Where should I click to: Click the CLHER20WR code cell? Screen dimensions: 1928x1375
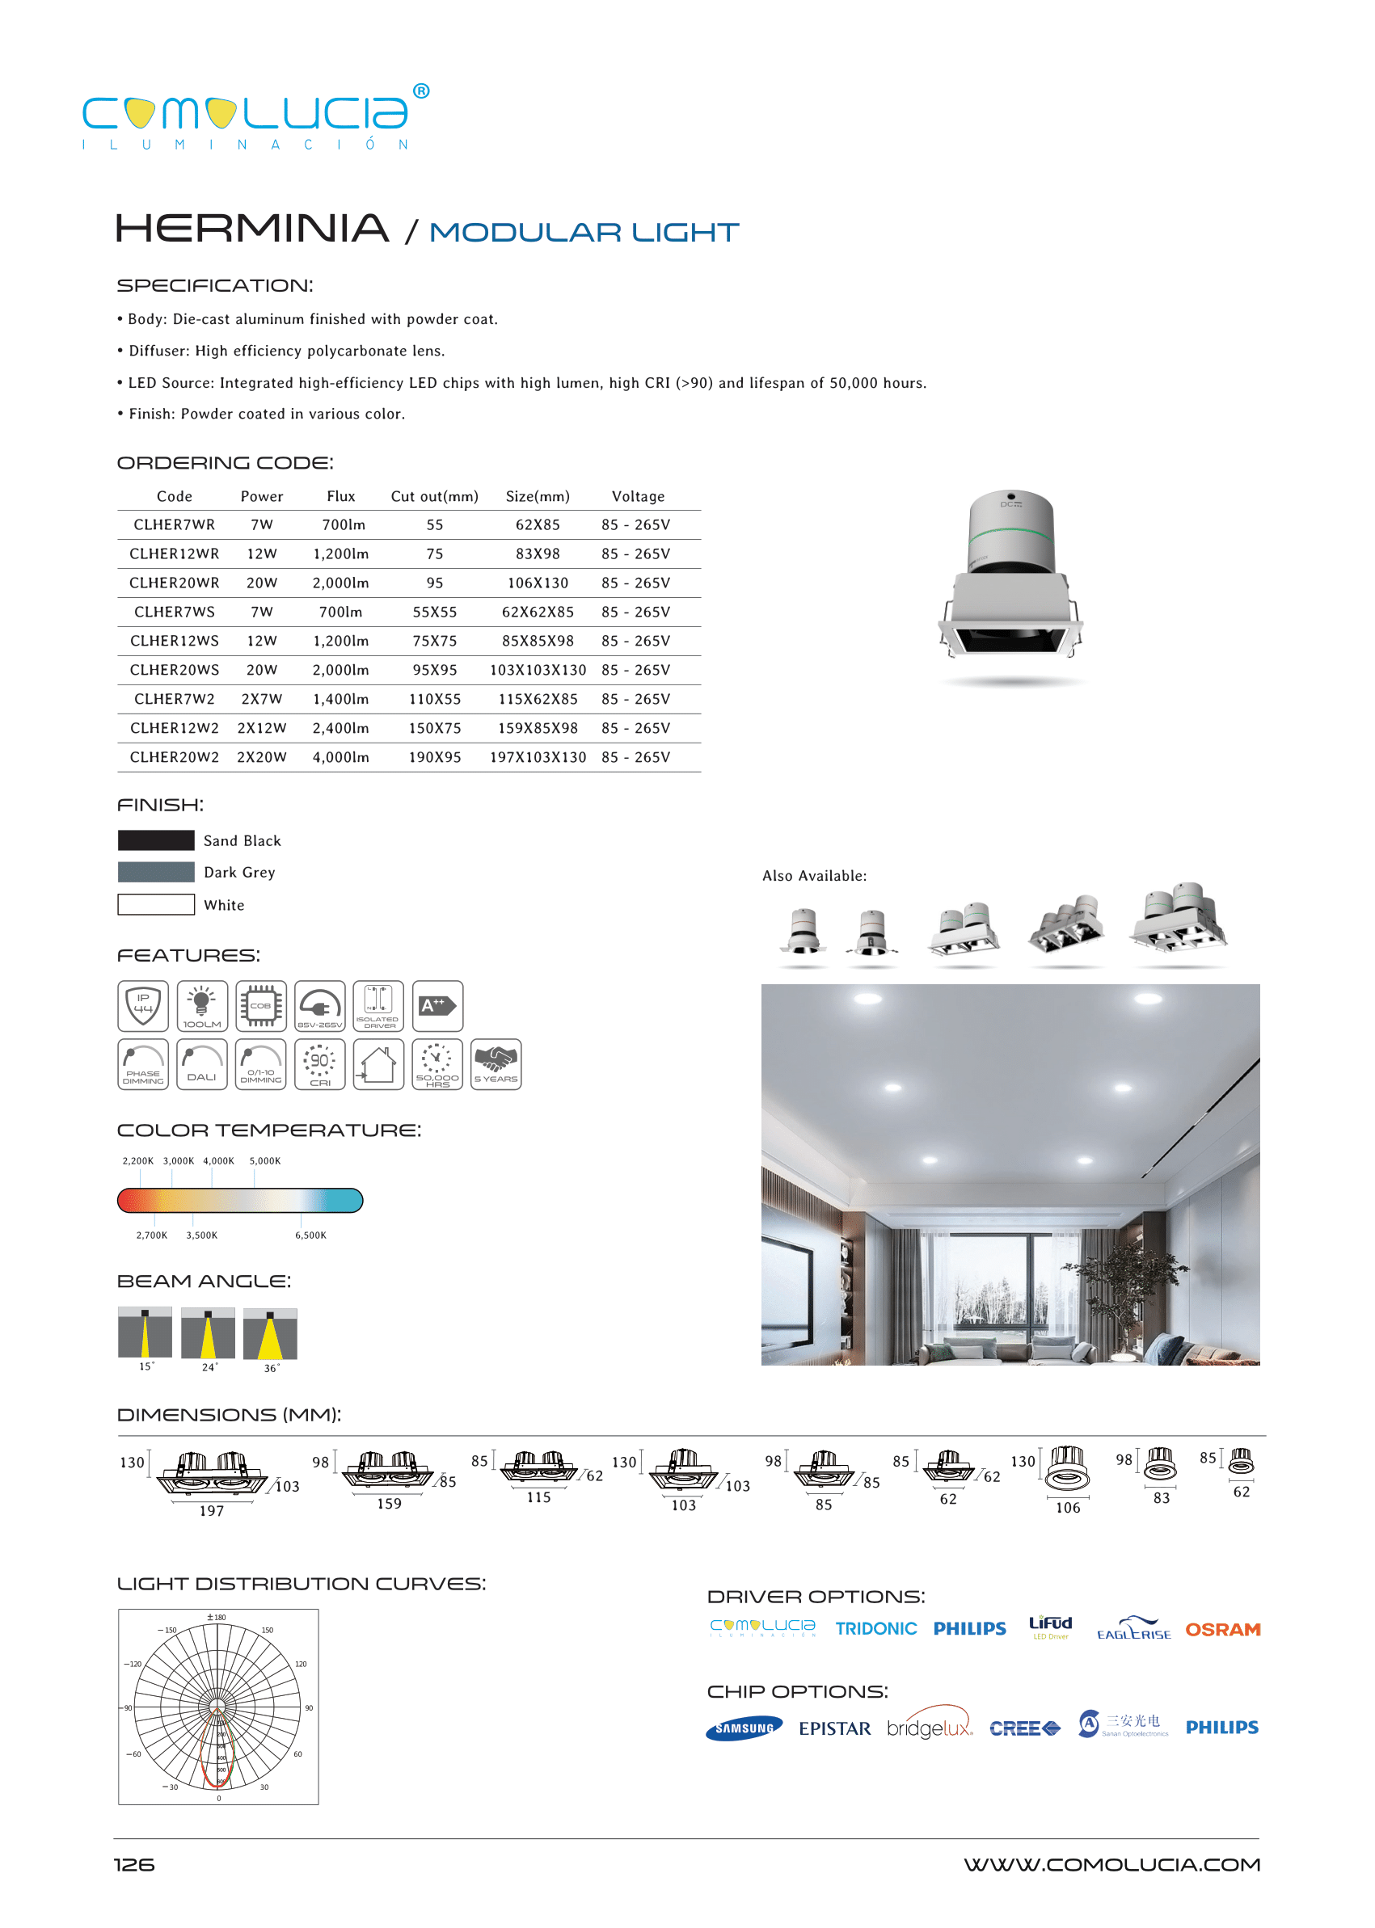tap(174, 583)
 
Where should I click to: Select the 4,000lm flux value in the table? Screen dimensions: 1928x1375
tap(340, 757)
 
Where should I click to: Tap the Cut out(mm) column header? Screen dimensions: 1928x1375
tap(434, 497)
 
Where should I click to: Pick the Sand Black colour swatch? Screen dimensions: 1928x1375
tap(156, 840)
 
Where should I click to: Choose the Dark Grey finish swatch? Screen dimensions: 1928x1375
tap(156, 873)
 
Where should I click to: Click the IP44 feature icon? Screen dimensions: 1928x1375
tap(143, 1006)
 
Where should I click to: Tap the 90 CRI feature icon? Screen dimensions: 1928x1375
tap(320, 1065)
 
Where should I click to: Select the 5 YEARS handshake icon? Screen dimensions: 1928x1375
tap(496, 1065)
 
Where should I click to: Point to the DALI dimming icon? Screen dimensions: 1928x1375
tap(201, 1065)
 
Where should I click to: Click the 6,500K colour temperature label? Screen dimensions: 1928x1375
tap(310, 1236)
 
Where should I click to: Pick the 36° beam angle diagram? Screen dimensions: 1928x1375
tap(270, 1335)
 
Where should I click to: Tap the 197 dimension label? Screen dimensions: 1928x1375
tap(212, 1512)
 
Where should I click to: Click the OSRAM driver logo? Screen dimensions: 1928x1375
tap(1222, 1630)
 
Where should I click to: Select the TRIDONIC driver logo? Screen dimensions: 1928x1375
tap(875, 1629)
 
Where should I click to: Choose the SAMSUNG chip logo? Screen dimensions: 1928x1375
tap(744, 1728)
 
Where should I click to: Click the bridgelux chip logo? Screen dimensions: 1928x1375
tap(930, 1728)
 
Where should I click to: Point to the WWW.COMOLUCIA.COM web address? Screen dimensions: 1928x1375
tap(1111, 1865)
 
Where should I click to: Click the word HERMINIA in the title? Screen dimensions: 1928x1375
tap(252, 229)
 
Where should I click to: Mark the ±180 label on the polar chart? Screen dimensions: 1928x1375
tap(217, 1618)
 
